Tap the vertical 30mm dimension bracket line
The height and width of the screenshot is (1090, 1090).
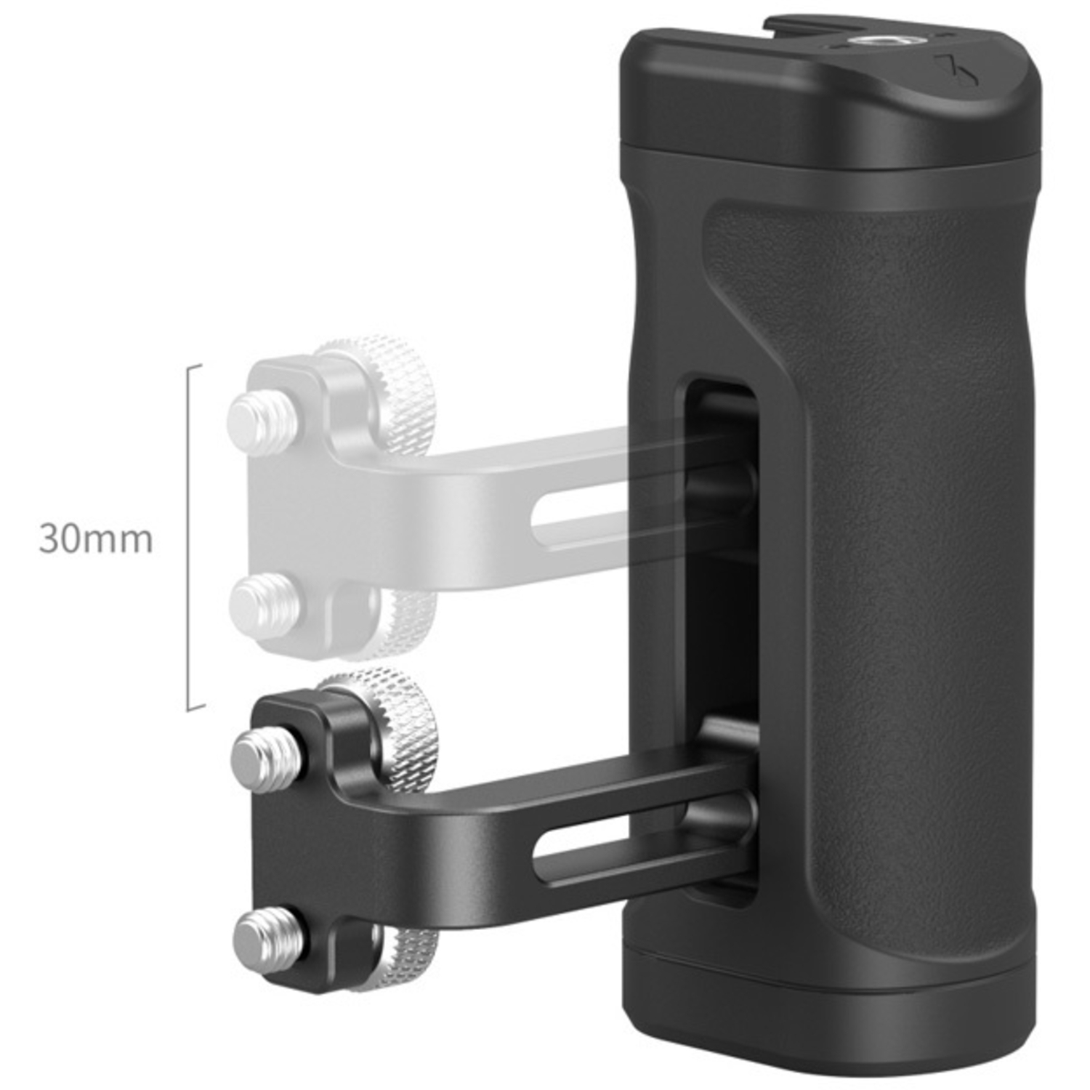(x=190, y=538)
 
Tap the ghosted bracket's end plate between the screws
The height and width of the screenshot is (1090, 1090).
(x=287, y=509)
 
